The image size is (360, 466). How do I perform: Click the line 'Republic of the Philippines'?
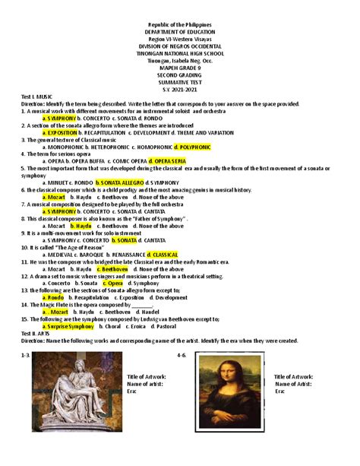(x=180, y=26)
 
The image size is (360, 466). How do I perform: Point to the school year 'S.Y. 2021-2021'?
(x=180, y=91)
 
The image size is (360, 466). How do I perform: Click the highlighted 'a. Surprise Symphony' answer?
(x=68, y=325)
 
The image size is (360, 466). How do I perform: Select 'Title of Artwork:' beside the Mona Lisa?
(x=293, y=376)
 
